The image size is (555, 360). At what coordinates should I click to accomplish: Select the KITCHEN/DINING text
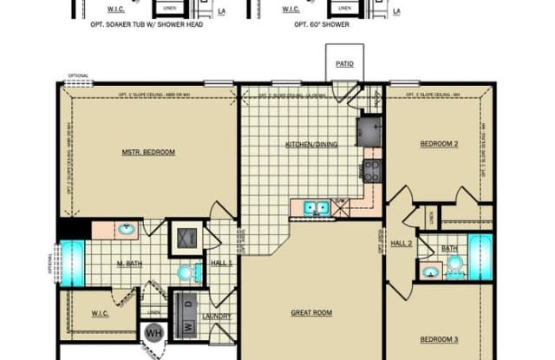click(x=311, y=144)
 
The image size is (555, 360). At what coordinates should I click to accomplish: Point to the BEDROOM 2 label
click(x=438, y=144)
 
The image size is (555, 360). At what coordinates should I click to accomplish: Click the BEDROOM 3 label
click(x=438, y=339)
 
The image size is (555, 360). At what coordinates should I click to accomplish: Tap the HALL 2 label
click(x=400, y=244)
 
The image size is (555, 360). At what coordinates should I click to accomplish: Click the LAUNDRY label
click(x=216, y=317)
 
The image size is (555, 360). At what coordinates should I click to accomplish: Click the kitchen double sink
click(x=315, y=207)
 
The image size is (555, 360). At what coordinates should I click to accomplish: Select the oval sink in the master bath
click(x=127, y=230)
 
